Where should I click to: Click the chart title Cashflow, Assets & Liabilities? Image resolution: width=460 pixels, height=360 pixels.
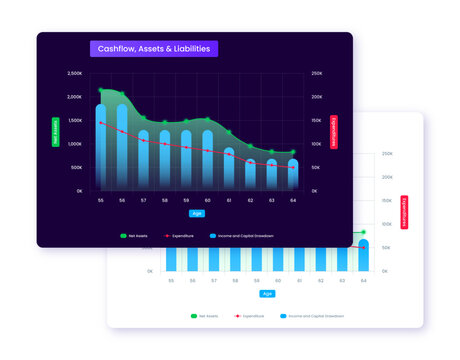coord(153,49)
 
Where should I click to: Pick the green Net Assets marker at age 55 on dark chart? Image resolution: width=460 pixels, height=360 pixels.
coord(101,90)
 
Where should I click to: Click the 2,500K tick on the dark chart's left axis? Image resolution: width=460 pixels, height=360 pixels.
coord(75,74)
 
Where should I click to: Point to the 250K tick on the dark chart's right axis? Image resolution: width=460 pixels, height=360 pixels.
coord(317,74)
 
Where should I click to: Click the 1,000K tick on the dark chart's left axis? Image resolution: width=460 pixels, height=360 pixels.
coord(75,144)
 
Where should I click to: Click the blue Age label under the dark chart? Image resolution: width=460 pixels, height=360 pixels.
coord(197,213)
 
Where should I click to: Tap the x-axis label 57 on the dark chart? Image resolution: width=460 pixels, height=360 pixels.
coord(144,200)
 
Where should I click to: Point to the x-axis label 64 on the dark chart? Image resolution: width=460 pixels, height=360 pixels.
coord(293,200)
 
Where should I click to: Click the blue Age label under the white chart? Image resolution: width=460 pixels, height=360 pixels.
coord(267,294)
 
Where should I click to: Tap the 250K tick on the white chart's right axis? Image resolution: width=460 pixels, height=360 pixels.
coord(387,154)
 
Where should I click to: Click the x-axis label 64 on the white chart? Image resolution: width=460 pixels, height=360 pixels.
coord(363,281)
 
